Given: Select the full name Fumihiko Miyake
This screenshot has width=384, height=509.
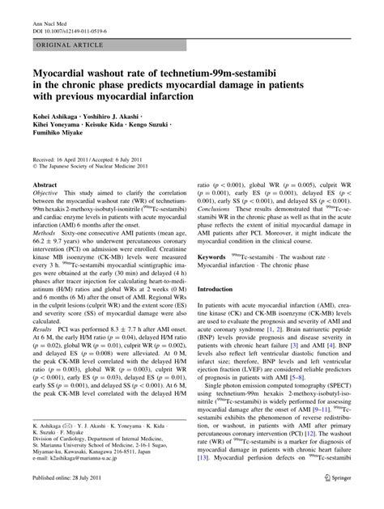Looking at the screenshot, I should tap(62, 138).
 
